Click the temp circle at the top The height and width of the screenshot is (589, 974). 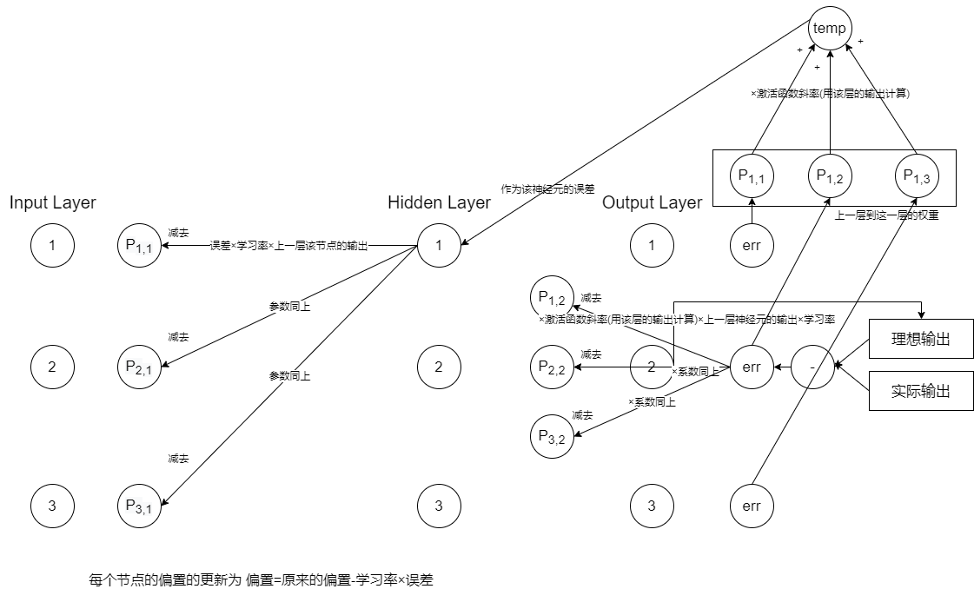(x=830, y=29)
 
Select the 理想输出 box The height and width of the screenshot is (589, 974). (x=920, y=339)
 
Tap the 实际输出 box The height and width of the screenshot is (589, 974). (x=920, y=391)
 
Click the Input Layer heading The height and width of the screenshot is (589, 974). (x=52, y=202)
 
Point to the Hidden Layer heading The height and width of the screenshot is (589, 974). (x=439, y=202)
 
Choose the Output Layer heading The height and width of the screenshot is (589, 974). (x=652, y=202)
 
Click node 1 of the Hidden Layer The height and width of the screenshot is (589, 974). (x=439, y=246)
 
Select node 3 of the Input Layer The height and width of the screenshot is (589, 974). (x=52, y=506)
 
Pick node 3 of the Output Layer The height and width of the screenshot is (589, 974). (x=653, y=506)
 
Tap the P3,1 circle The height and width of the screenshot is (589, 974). (x=139, y=506)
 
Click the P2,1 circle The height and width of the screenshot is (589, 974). (x=139, y=367)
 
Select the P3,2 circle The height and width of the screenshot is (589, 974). (x=553, y=437)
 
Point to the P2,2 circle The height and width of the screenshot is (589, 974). (x=553, y=367)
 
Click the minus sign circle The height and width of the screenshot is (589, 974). (x=812, y=367)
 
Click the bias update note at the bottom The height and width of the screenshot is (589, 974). (x=261, y=579)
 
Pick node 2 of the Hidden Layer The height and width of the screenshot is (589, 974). (x=439, y=367)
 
